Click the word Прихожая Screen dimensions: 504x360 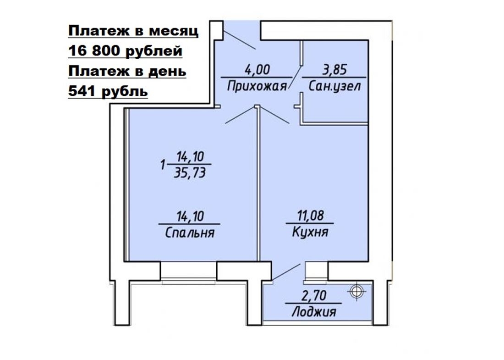[257, 87]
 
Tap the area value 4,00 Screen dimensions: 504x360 [257, 70]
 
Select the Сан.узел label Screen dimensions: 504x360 [334, 86]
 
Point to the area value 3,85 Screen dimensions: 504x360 [334, 70]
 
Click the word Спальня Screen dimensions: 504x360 [190, 233]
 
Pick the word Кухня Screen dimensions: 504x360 [310, 232]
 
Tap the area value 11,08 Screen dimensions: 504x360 [311, 216]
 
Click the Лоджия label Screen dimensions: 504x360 [314, 312]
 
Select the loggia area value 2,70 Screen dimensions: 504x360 [314, 295]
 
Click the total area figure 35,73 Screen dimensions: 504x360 [190, 173]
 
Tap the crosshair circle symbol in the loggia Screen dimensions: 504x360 [356, 292]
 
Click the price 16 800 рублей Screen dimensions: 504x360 [126, 51]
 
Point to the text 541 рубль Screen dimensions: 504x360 [108, 92]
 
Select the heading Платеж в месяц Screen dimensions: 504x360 [133, 31]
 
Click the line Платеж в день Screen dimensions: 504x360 [127, 72]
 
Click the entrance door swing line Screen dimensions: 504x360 [240, 40]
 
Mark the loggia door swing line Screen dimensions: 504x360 [286, 272]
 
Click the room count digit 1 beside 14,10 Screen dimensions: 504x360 [163, 166]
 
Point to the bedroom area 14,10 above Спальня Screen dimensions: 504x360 [190, 216]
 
